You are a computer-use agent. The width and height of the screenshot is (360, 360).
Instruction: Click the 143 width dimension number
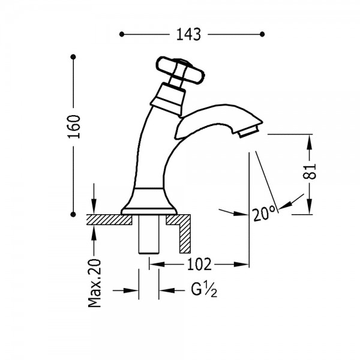point(188,34)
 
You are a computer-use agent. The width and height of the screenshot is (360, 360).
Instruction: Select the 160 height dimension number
point(74,127)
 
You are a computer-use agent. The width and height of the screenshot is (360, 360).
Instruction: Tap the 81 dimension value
point(310,171)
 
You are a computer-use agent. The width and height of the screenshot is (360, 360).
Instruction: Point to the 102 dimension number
point(199,264)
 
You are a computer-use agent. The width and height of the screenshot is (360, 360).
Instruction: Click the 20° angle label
point(264,213)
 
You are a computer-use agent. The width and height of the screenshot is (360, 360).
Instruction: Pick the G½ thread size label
point(204,290)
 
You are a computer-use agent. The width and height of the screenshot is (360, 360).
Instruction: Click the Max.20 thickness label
point(95,283)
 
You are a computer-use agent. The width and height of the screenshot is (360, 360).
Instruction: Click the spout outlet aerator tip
point(248,133)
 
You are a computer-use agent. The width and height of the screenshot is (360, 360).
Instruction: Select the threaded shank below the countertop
point(149,234)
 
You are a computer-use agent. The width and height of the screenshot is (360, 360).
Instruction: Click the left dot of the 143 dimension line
point(122,34)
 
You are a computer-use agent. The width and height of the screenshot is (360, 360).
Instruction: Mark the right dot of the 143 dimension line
point(262,34)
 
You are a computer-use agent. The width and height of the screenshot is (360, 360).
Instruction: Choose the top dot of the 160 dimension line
point(73,57)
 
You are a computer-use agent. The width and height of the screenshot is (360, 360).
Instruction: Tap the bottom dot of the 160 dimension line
point(73,214)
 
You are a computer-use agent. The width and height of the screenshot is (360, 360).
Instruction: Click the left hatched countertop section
point(109,220)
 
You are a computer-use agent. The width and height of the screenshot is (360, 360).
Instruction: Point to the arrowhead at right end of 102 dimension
point(242,264)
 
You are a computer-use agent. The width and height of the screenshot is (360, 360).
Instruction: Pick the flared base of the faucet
point(149,202)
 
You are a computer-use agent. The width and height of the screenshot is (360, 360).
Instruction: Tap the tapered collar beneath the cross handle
point(168,99)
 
